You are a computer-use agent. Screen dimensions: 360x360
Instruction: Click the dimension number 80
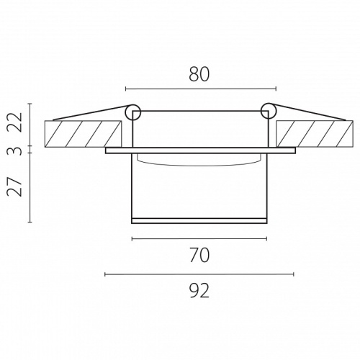click(x=199, y=74)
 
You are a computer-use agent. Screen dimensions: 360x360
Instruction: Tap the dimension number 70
click(x=199, y=256)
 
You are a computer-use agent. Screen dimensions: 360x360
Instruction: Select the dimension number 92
click(x=199, y=291)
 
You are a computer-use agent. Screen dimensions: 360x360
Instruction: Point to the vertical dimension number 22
click(x=15, y=122)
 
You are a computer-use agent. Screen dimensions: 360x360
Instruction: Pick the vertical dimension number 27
click(x=15, y=186)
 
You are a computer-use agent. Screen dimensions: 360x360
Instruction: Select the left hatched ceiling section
click(x=83, y=134)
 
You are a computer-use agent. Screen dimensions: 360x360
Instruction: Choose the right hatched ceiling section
click(x=315, y=134)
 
